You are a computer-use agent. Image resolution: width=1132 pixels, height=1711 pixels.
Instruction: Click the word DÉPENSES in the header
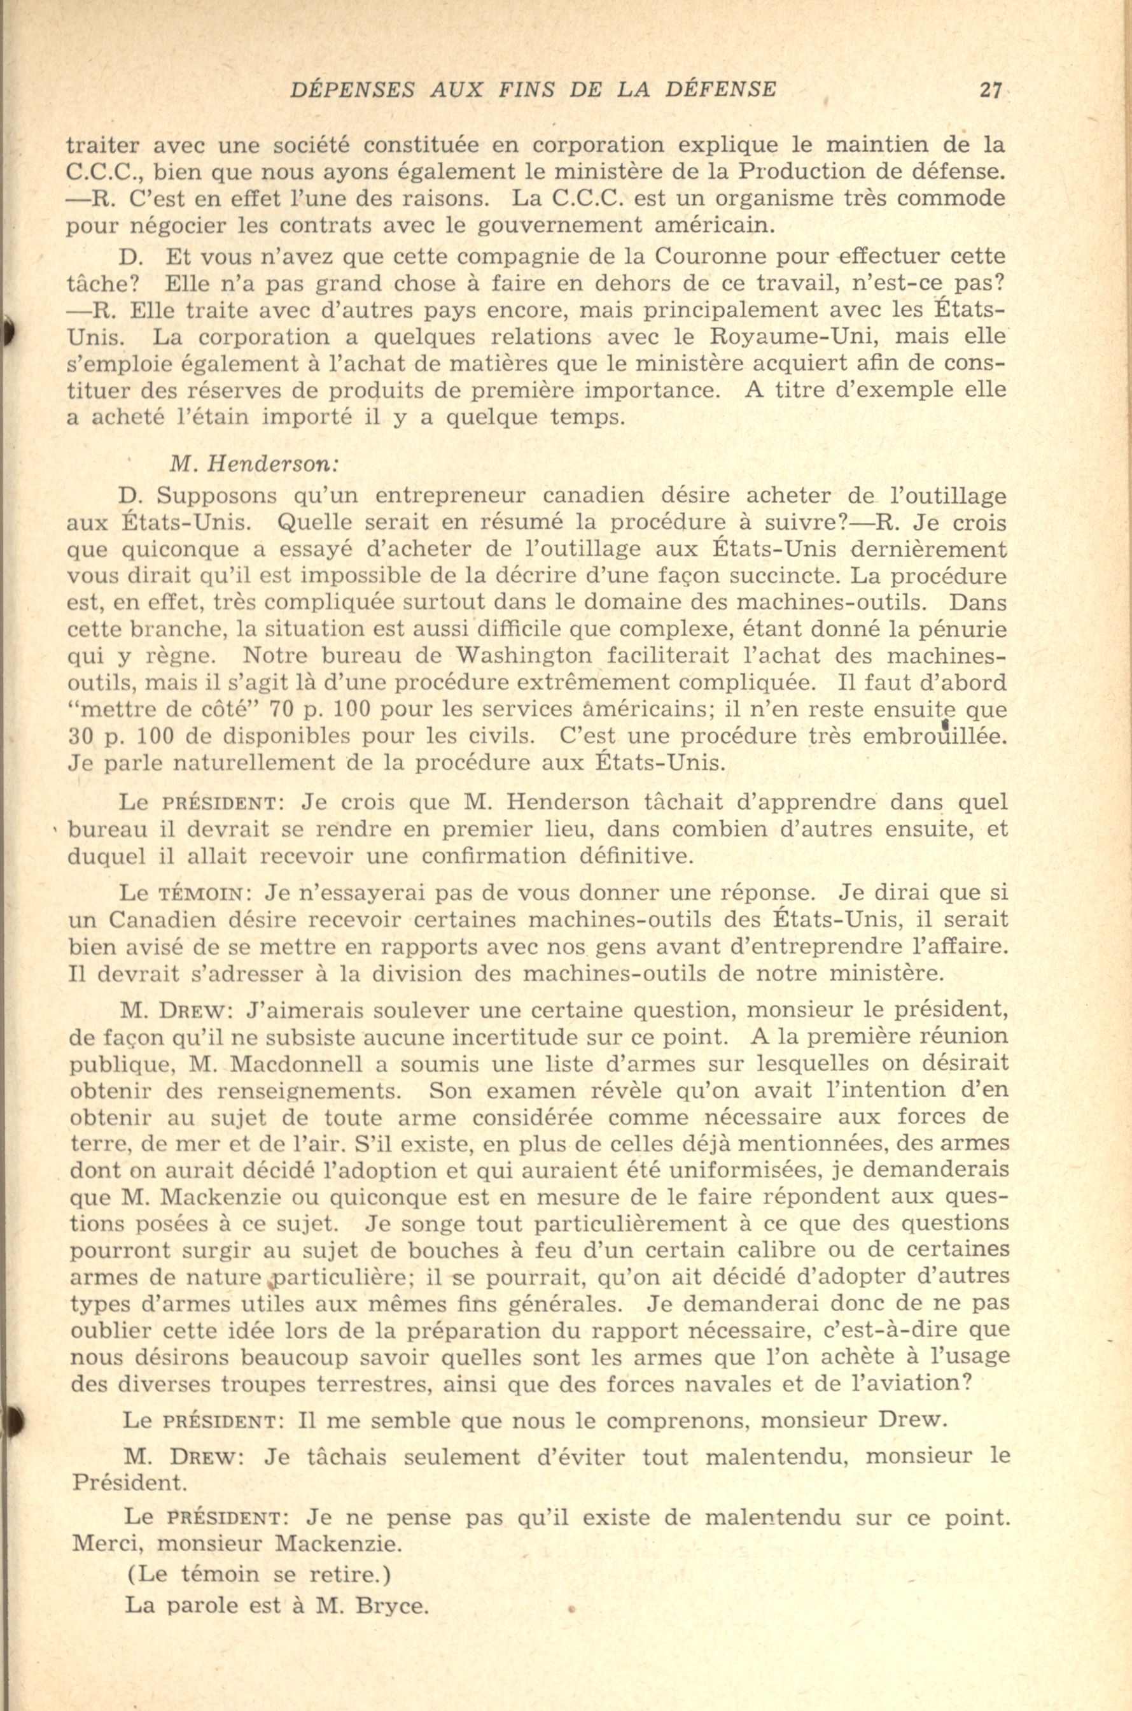(x=353, y=90)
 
